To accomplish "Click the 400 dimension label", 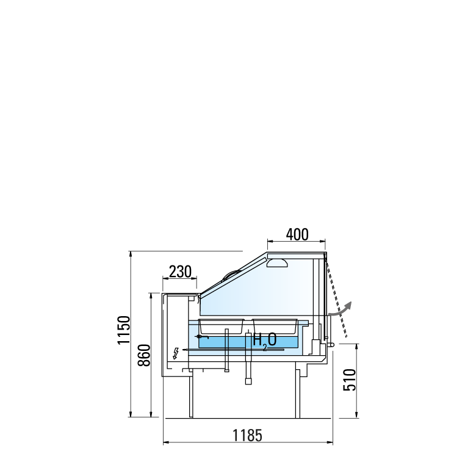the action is pyautogui.click(x=297, y=234).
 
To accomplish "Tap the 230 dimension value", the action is pyautogui.click(x=180, y=272).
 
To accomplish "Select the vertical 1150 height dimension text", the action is pyautogui.click(x=124, y=330).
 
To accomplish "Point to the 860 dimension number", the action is pyautogui.click(x=144, y=355).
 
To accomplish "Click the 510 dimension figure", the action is pyautogui.click(x=349, y=380).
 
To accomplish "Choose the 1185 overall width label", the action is pyautogui.click(x=247, y=435).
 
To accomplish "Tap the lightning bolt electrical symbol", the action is pyautogui.click(x=176, y=353).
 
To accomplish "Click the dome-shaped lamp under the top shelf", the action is pyautogui.click(x=277, y=263).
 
